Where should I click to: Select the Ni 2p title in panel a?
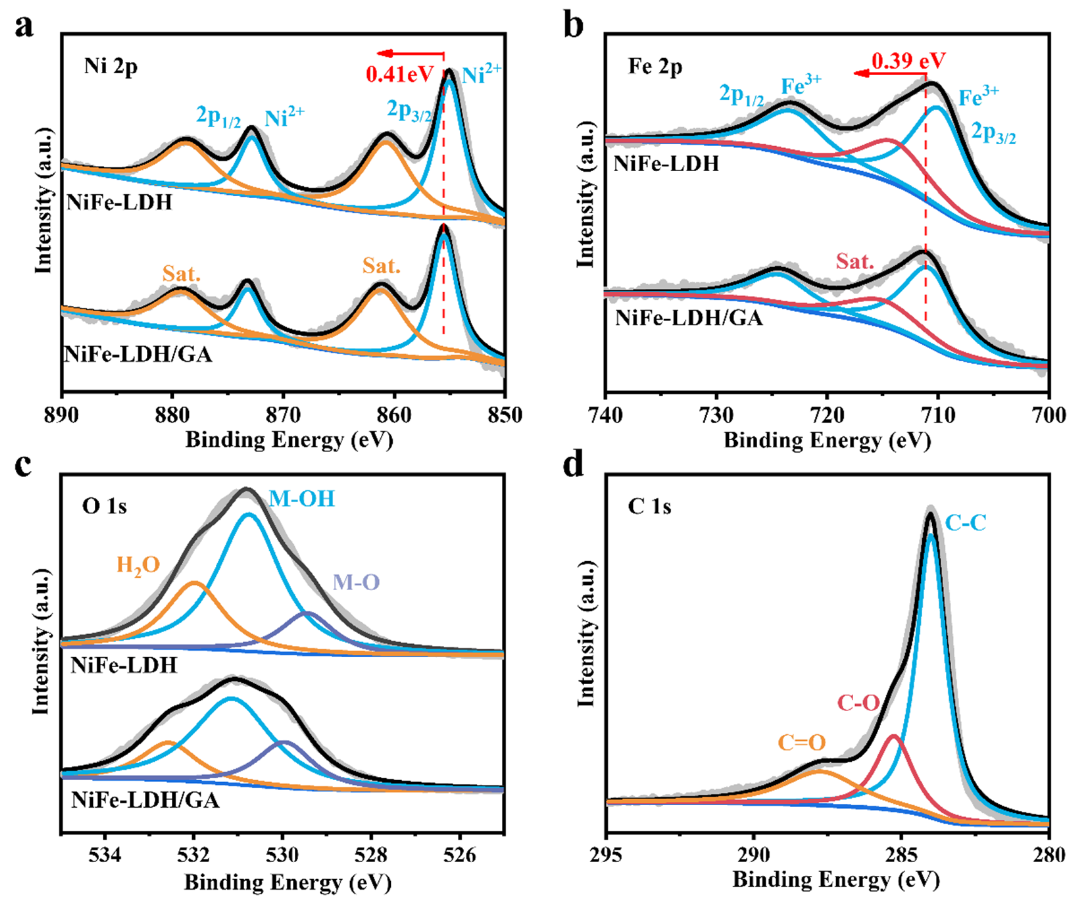click(110, 66)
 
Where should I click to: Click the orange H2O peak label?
click(138, 566)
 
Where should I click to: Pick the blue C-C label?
click(965, 523)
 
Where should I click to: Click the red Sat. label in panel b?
click(855, 261)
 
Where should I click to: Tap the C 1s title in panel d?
click(649, 507)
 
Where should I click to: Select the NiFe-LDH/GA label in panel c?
click(145, 800)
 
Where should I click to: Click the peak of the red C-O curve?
click(894, 736)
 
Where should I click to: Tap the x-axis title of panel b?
click(827, 440)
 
